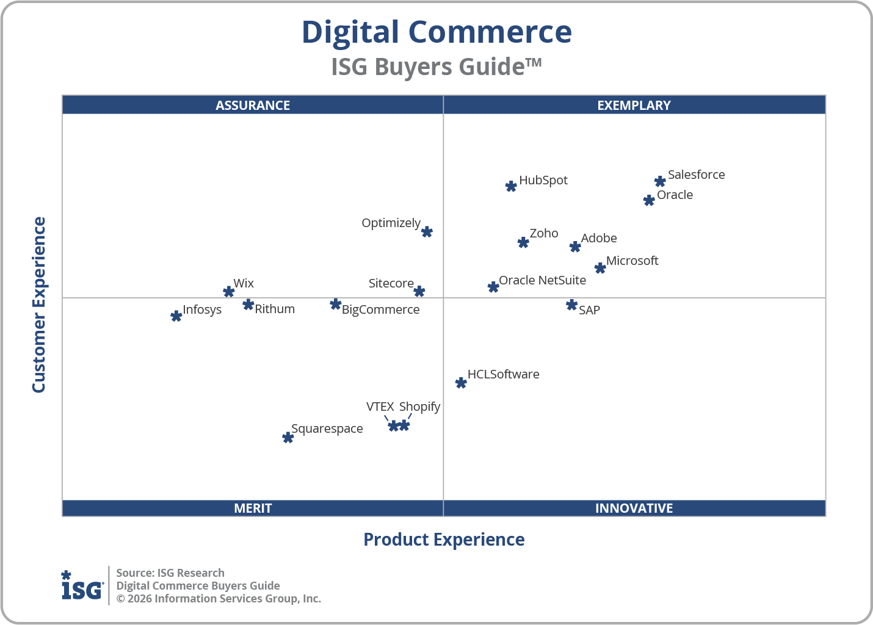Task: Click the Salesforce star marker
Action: click(x=660, y=181)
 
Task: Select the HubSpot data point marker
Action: click(x=511, y=186)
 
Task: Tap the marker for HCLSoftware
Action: click(x=461, y=383)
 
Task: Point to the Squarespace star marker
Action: click(x=288, y=438)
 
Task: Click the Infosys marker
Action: click(x=176, y=316)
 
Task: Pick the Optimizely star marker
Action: click(x=427, y=232)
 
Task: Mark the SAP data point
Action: click(x=571, y=305)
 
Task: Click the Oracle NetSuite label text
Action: click(x=542, y=280)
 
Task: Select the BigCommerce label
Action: click(x=380, y=309)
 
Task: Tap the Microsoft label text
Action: click(x=632, y=261)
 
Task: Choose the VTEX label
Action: click(x=380, y=406)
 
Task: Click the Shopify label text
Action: click(x=419, y=406)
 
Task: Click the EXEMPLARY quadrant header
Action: click(x=634, y=105)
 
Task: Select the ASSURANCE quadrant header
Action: click(x=253, y=105)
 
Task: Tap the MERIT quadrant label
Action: click(x=253, y=508)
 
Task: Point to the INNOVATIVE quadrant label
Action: click(x=634, y=508)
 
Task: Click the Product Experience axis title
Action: click(x=444, y=540)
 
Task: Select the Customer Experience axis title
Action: click(x=39, y=305)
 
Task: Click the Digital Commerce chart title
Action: click(x=436, y=32)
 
